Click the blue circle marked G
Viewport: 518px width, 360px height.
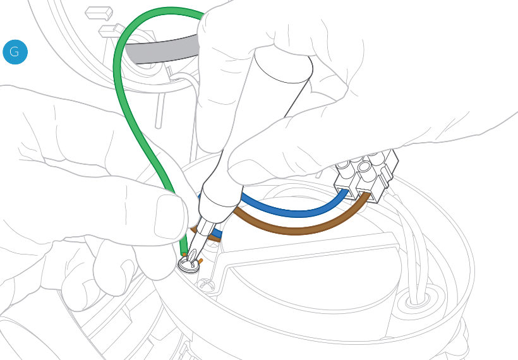click(x=15, y=52)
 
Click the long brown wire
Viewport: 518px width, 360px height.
click(x=297, y=229)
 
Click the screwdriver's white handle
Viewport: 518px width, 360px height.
click(x=265, y=107)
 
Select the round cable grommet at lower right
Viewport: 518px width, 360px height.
click(x=418, y=299)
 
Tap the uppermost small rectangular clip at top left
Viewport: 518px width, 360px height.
click(x=99, y=12)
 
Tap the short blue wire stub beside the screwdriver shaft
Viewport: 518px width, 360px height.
click(x=216, y=234)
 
